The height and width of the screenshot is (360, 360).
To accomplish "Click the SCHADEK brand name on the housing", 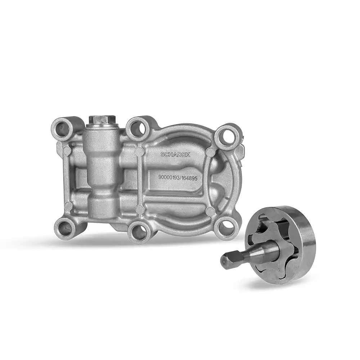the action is click(175, 154).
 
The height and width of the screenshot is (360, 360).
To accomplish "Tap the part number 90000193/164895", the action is click(178, 178).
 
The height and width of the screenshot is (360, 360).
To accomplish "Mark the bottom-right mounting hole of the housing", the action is click(226, 226).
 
